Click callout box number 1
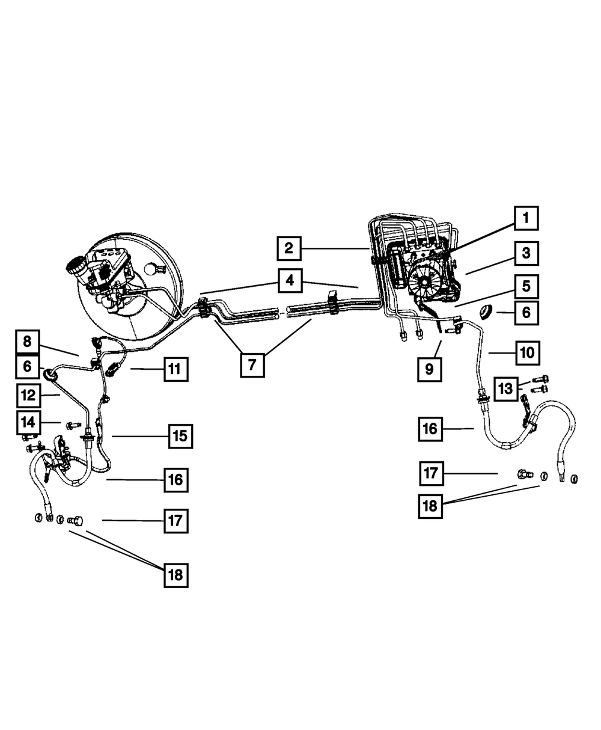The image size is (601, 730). (x=526, y=218)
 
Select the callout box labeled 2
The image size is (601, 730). (x=289, y=248)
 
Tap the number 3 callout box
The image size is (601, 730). (x=526, y=254)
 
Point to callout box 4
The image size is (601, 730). (x=290, y=281)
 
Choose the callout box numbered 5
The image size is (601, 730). (x=526, y=286)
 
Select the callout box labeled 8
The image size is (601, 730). (x=28, y=342)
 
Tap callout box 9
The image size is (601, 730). (x=430, y=369)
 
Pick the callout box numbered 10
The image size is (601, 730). (x=528, y=353)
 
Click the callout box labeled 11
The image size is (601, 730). (x=176, y=369)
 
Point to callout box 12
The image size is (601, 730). (x=29, y=396)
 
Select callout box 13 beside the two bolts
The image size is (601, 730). (x=506, y=389)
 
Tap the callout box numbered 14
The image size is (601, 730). (x=28, y=423)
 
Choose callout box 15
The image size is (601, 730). (x=180, y=437)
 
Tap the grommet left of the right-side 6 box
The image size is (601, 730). (x=486, y=312)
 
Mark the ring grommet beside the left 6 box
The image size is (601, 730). (x=50, y=375)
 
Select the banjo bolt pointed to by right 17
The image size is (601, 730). (x=525, y=474)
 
